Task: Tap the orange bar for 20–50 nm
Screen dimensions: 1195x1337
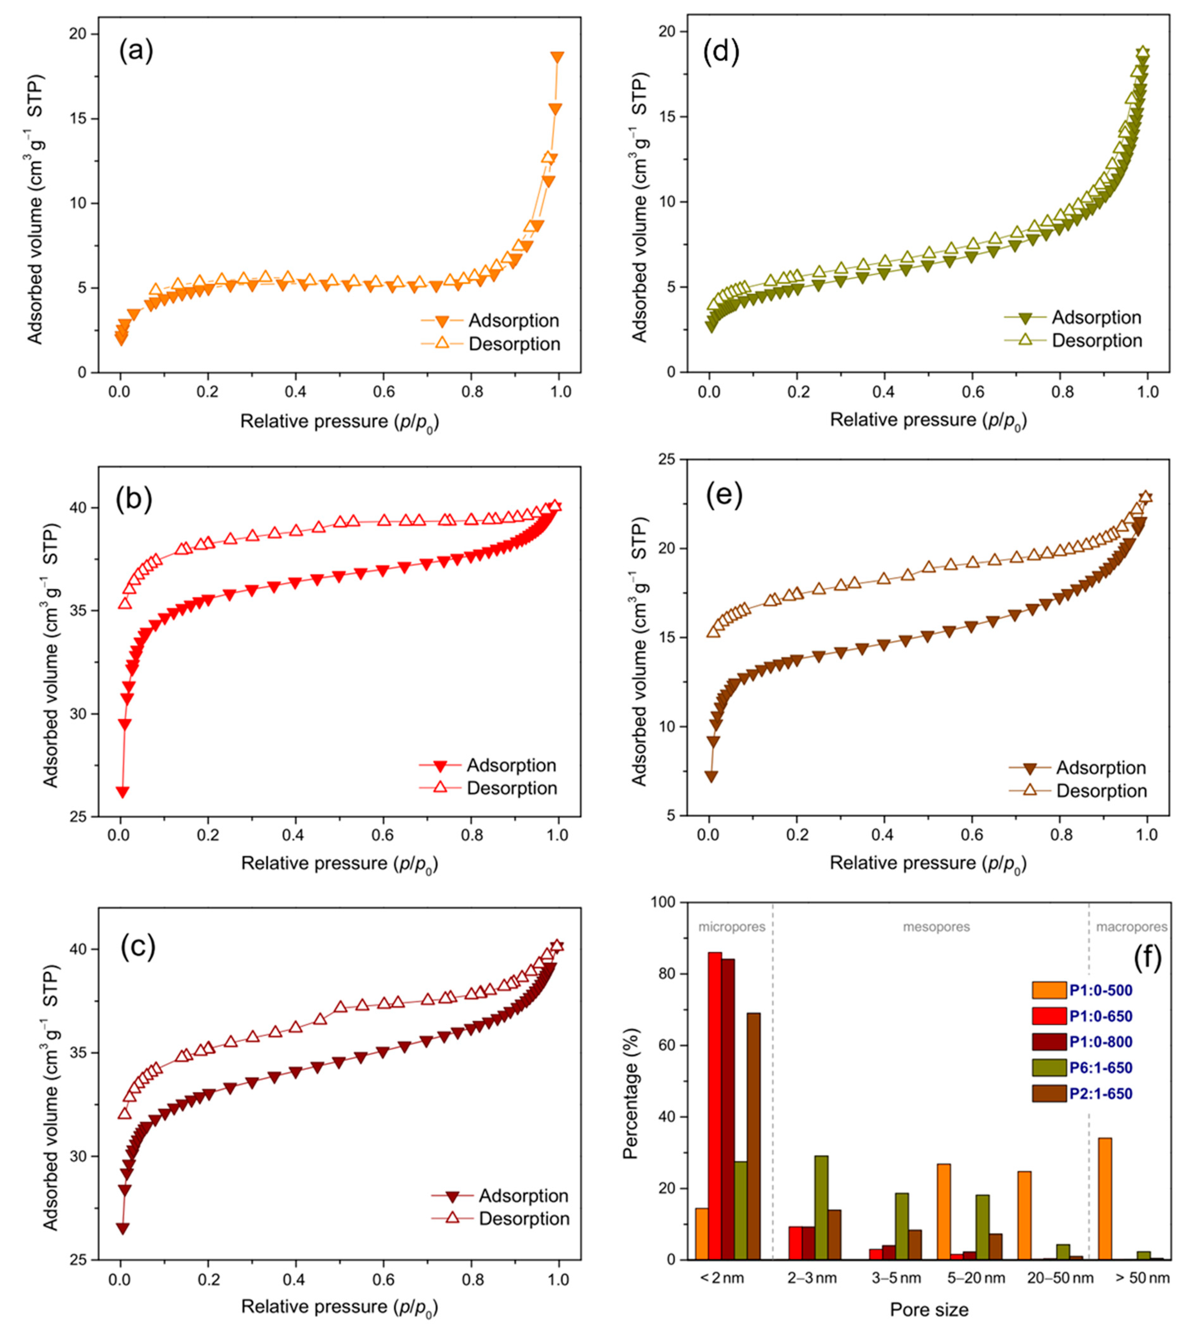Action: (1024, 1216)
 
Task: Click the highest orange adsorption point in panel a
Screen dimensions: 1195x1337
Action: (558, 58)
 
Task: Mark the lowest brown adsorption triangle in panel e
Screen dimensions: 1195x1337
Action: (711, 776)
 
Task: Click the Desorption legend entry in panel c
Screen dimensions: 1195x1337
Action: (500, 1219)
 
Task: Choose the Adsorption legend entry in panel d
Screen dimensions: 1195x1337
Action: (1073, 318)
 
